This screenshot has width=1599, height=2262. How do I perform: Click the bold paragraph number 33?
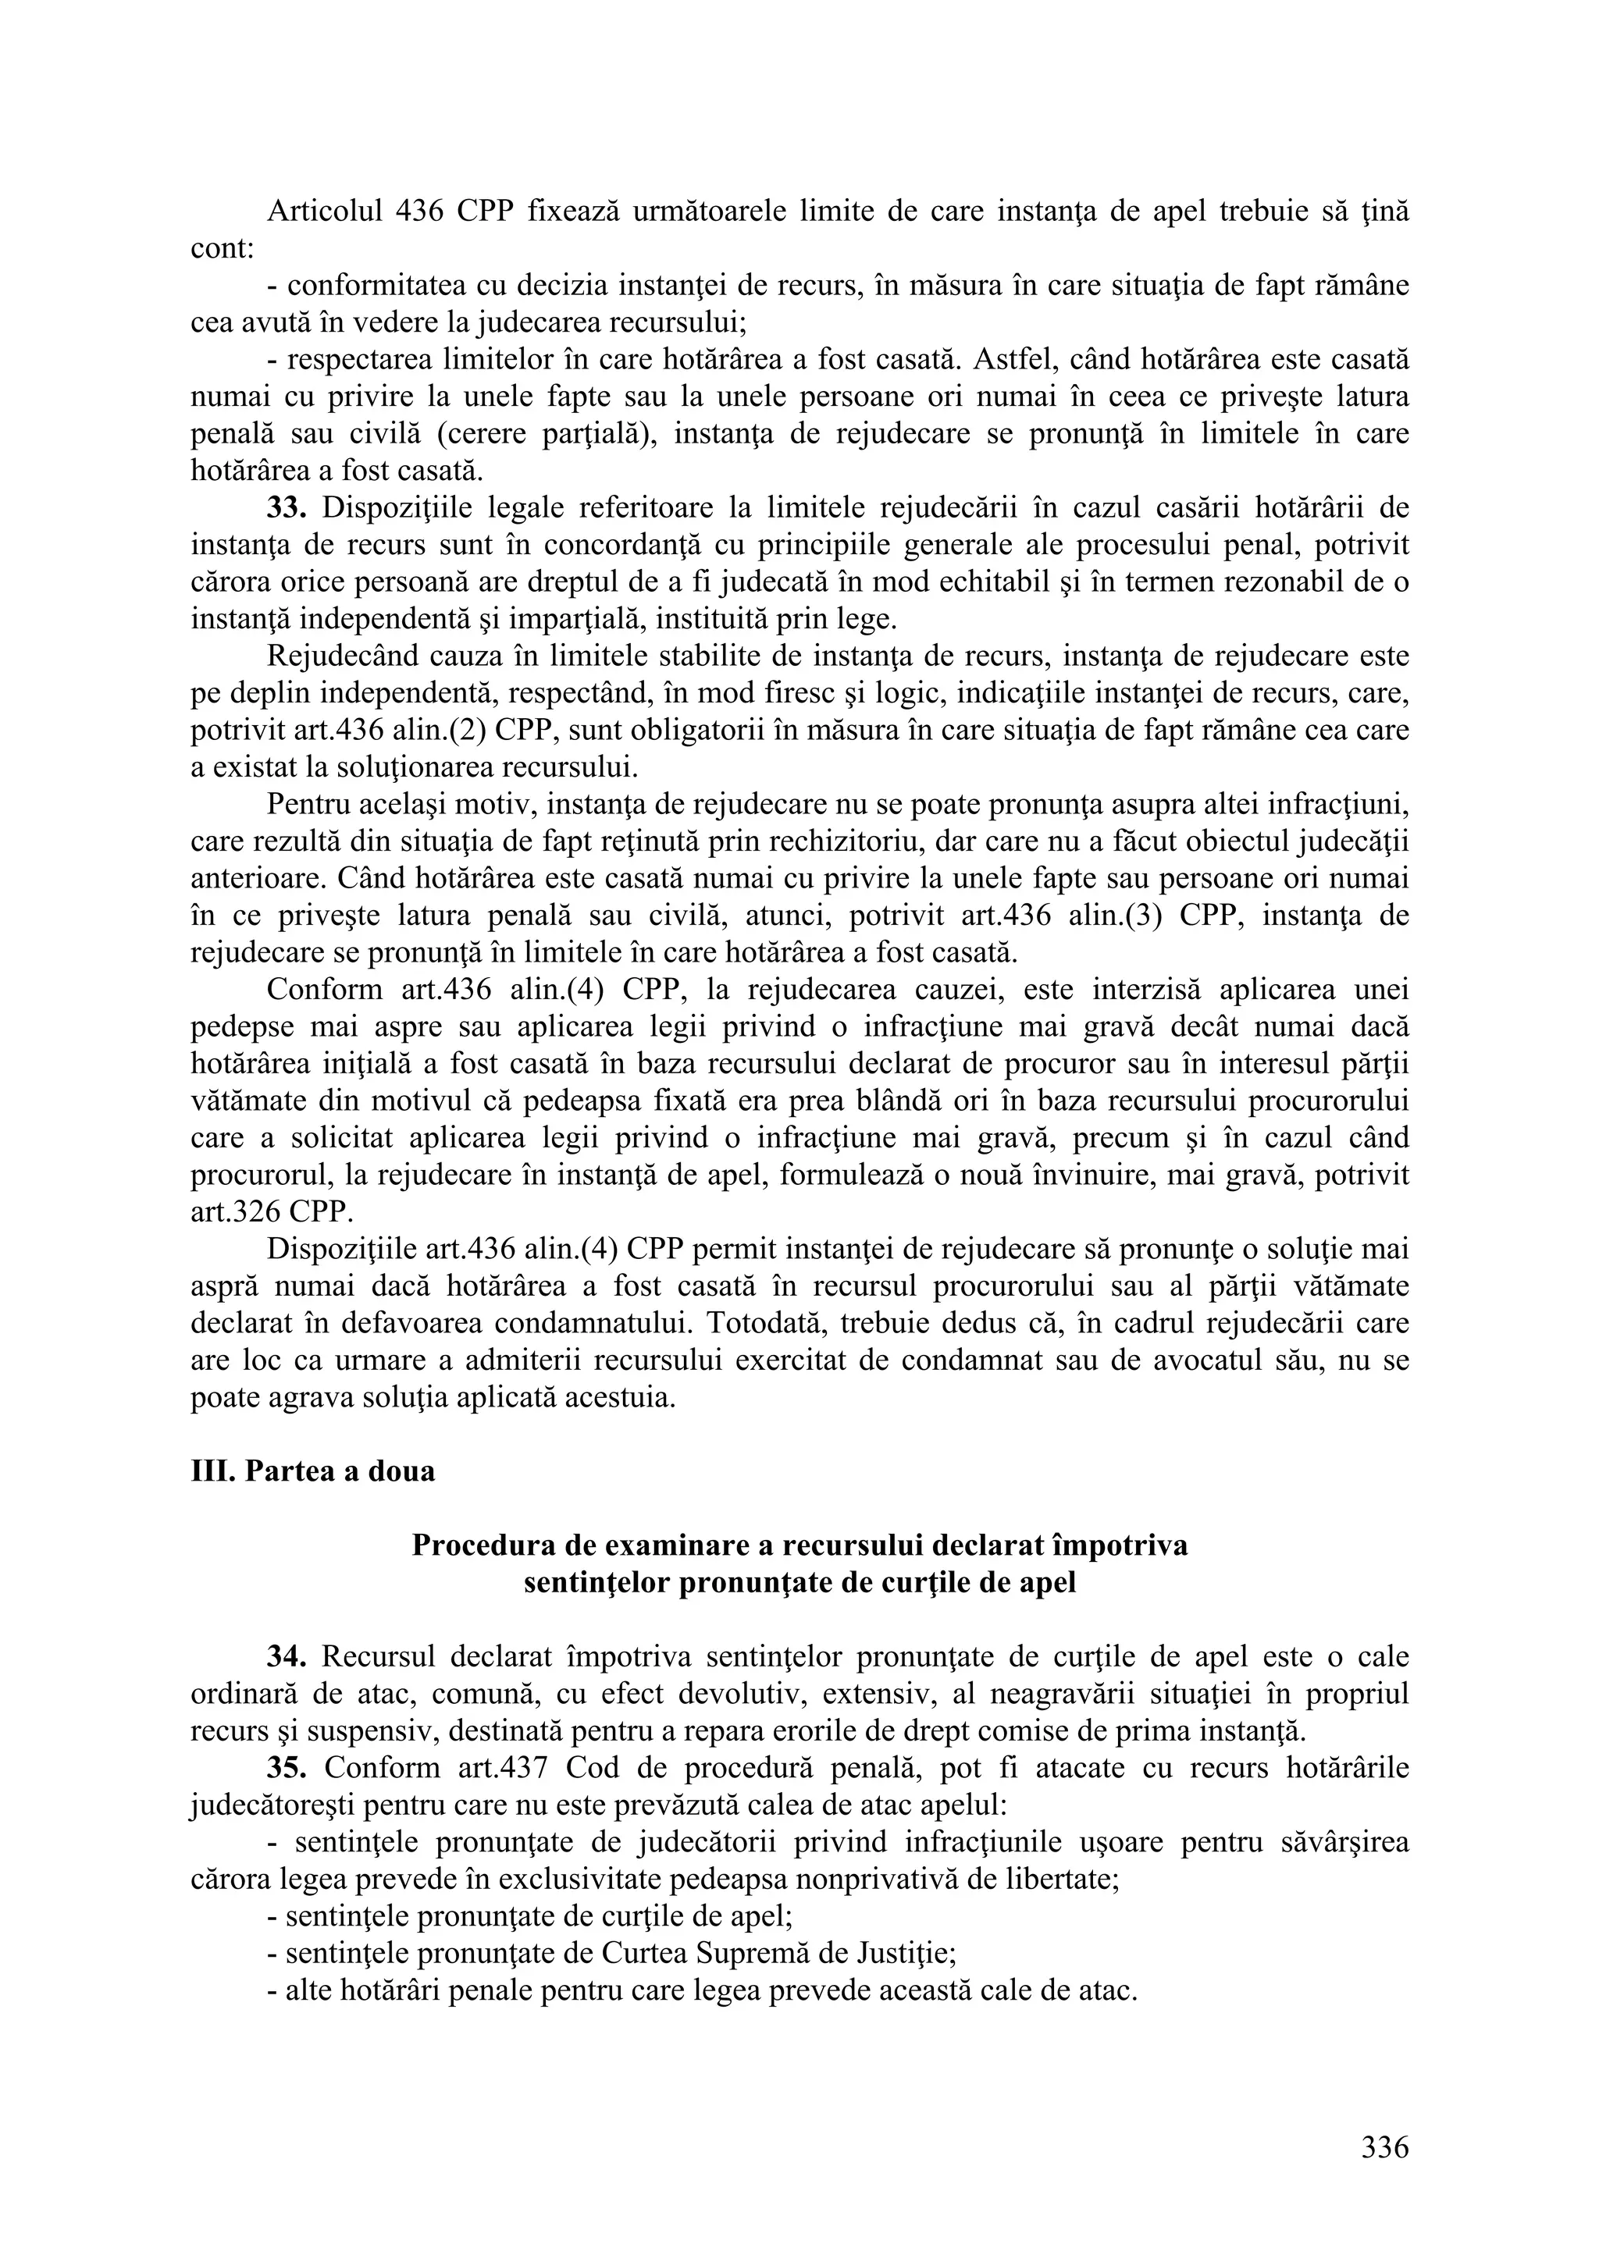coord(287,508)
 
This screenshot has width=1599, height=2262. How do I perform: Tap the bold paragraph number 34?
coord(287,1657)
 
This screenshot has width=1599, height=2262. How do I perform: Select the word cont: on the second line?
coord(223,249)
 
